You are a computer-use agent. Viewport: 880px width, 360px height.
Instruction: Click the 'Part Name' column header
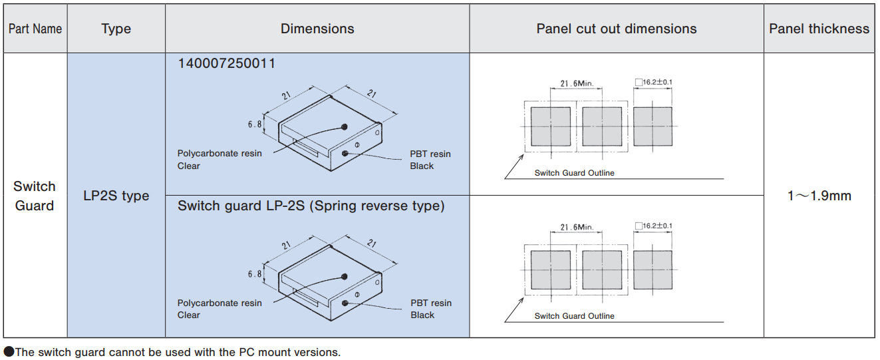pos(35,29)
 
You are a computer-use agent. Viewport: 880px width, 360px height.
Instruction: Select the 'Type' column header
pos(116,29)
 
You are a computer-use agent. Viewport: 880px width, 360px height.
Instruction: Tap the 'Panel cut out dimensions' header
pos(616,29)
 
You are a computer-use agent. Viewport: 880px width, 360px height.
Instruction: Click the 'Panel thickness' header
pos(819,29)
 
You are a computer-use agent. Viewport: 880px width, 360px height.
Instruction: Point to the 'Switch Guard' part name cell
pos(35,196)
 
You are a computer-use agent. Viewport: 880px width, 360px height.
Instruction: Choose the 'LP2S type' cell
pos(116,196)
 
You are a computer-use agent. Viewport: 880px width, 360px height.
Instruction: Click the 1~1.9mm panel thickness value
pos(819,196)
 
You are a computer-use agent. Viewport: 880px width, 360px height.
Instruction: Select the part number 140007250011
pos(226,63)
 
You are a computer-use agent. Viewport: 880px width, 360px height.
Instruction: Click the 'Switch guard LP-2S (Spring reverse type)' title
pos(311,206)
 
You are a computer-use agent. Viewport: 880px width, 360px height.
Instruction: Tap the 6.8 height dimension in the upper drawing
pos(255,124)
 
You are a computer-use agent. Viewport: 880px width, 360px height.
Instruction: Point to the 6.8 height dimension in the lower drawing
pos(255,273)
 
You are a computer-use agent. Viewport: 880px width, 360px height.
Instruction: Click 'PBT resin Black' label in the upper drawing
pos(430,160)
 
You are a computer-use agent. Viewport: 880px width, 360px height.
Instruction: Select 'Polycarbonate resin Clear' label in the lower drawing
pos(219,309)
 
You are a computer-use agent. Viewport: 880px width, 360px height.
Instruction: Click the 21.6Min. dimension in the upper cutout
pos(576,84)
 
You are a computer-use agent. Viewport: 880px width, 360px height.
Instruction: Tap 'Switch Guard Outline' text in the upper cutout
pos(574,173)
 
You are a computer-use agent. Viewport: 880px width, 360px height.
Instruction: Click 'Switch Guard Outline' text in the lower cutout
pos(574,315)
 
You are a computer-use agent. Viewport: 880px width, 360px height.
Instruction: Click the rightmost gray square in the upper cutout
pos(653,126)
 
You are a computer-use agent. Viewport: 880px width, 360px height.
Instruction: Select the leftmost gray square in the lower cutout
pos(551,270)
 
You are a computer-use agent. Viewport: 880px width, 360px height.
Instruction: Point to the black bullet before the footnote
pos(9,352)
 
